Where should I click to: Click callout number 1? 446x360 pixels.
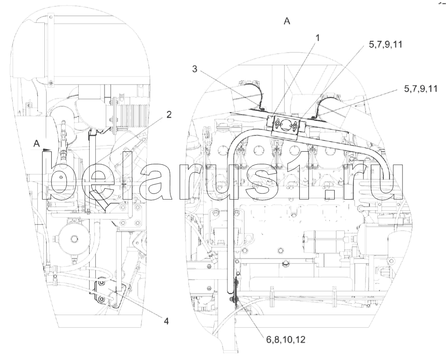318,38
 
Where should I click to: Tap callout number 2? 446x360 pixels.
169,115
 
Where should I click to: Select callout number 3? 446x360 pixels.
194,69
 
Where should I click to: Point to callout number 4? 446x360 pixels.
166,321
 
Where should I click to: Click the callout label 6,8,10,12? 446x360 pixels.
285,340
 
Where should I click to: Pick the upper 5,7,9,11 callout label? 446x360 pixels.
386,45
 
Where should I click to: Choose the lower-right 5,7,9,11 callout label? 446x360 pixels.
421,89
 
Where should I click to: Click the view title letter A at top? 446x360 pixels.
287,21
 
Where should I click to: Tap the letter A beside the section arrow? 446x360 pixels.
37,144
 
